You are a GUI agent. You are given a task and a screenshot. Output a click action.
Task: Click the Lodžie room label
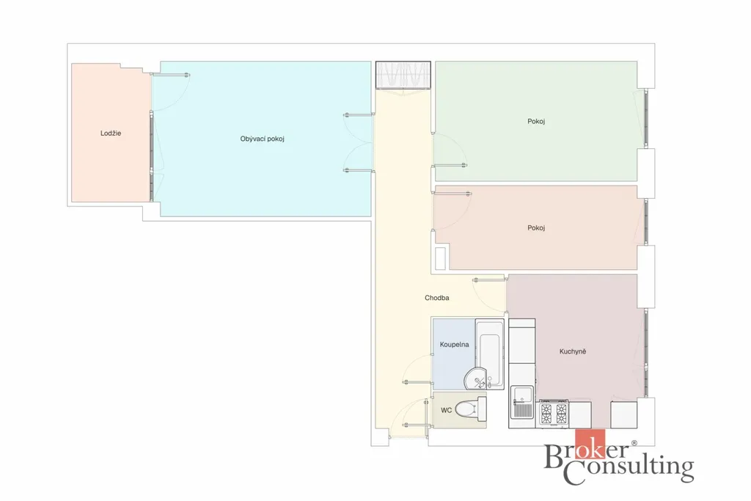[x=111, y=134]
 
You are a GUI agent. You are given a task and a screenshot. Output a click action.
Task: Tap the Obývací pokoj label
[x=262, y=139]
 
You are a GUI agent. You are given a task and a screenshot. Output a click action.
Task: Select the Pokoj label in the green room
[x=536, y=121]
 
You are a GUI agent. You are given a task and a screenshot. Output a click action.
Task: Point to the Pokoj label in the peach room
[x=536, y=227]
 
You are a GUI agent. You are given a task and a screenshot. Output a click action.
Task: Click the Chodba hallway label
[x=437, y=297]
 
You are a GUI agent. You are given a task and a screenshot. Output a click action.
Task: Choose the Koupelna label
[x=454, y=344]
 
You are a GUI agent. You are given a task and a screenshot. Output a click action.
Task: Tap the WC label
[x=446, y=410]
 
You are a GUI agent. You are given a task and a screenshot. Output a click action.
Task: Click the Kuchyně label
[x=572, y=351]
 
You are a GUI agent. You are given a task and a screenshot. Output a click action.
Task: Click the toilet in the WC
[x=470, y=409]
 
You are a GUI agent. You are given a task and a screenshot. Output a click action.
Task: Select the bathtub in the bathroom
[x=489, y=354]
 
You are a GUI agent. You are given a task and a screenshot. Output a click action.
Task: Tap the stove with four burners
[x=554, y=414]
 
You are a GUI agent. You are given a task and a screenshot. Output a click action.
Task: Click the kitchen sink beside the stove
[x=522, y=402]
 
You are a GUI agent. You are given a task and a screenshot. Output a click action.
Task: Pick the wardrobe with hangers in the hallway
[x=403, y=76]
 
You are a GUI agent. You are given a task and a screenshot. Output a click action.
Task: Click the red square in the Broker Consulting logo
[x=590, y=444]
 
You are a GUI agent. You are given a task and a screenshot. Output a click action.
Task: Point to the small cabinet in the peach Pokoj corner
[x=441, y=257]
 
